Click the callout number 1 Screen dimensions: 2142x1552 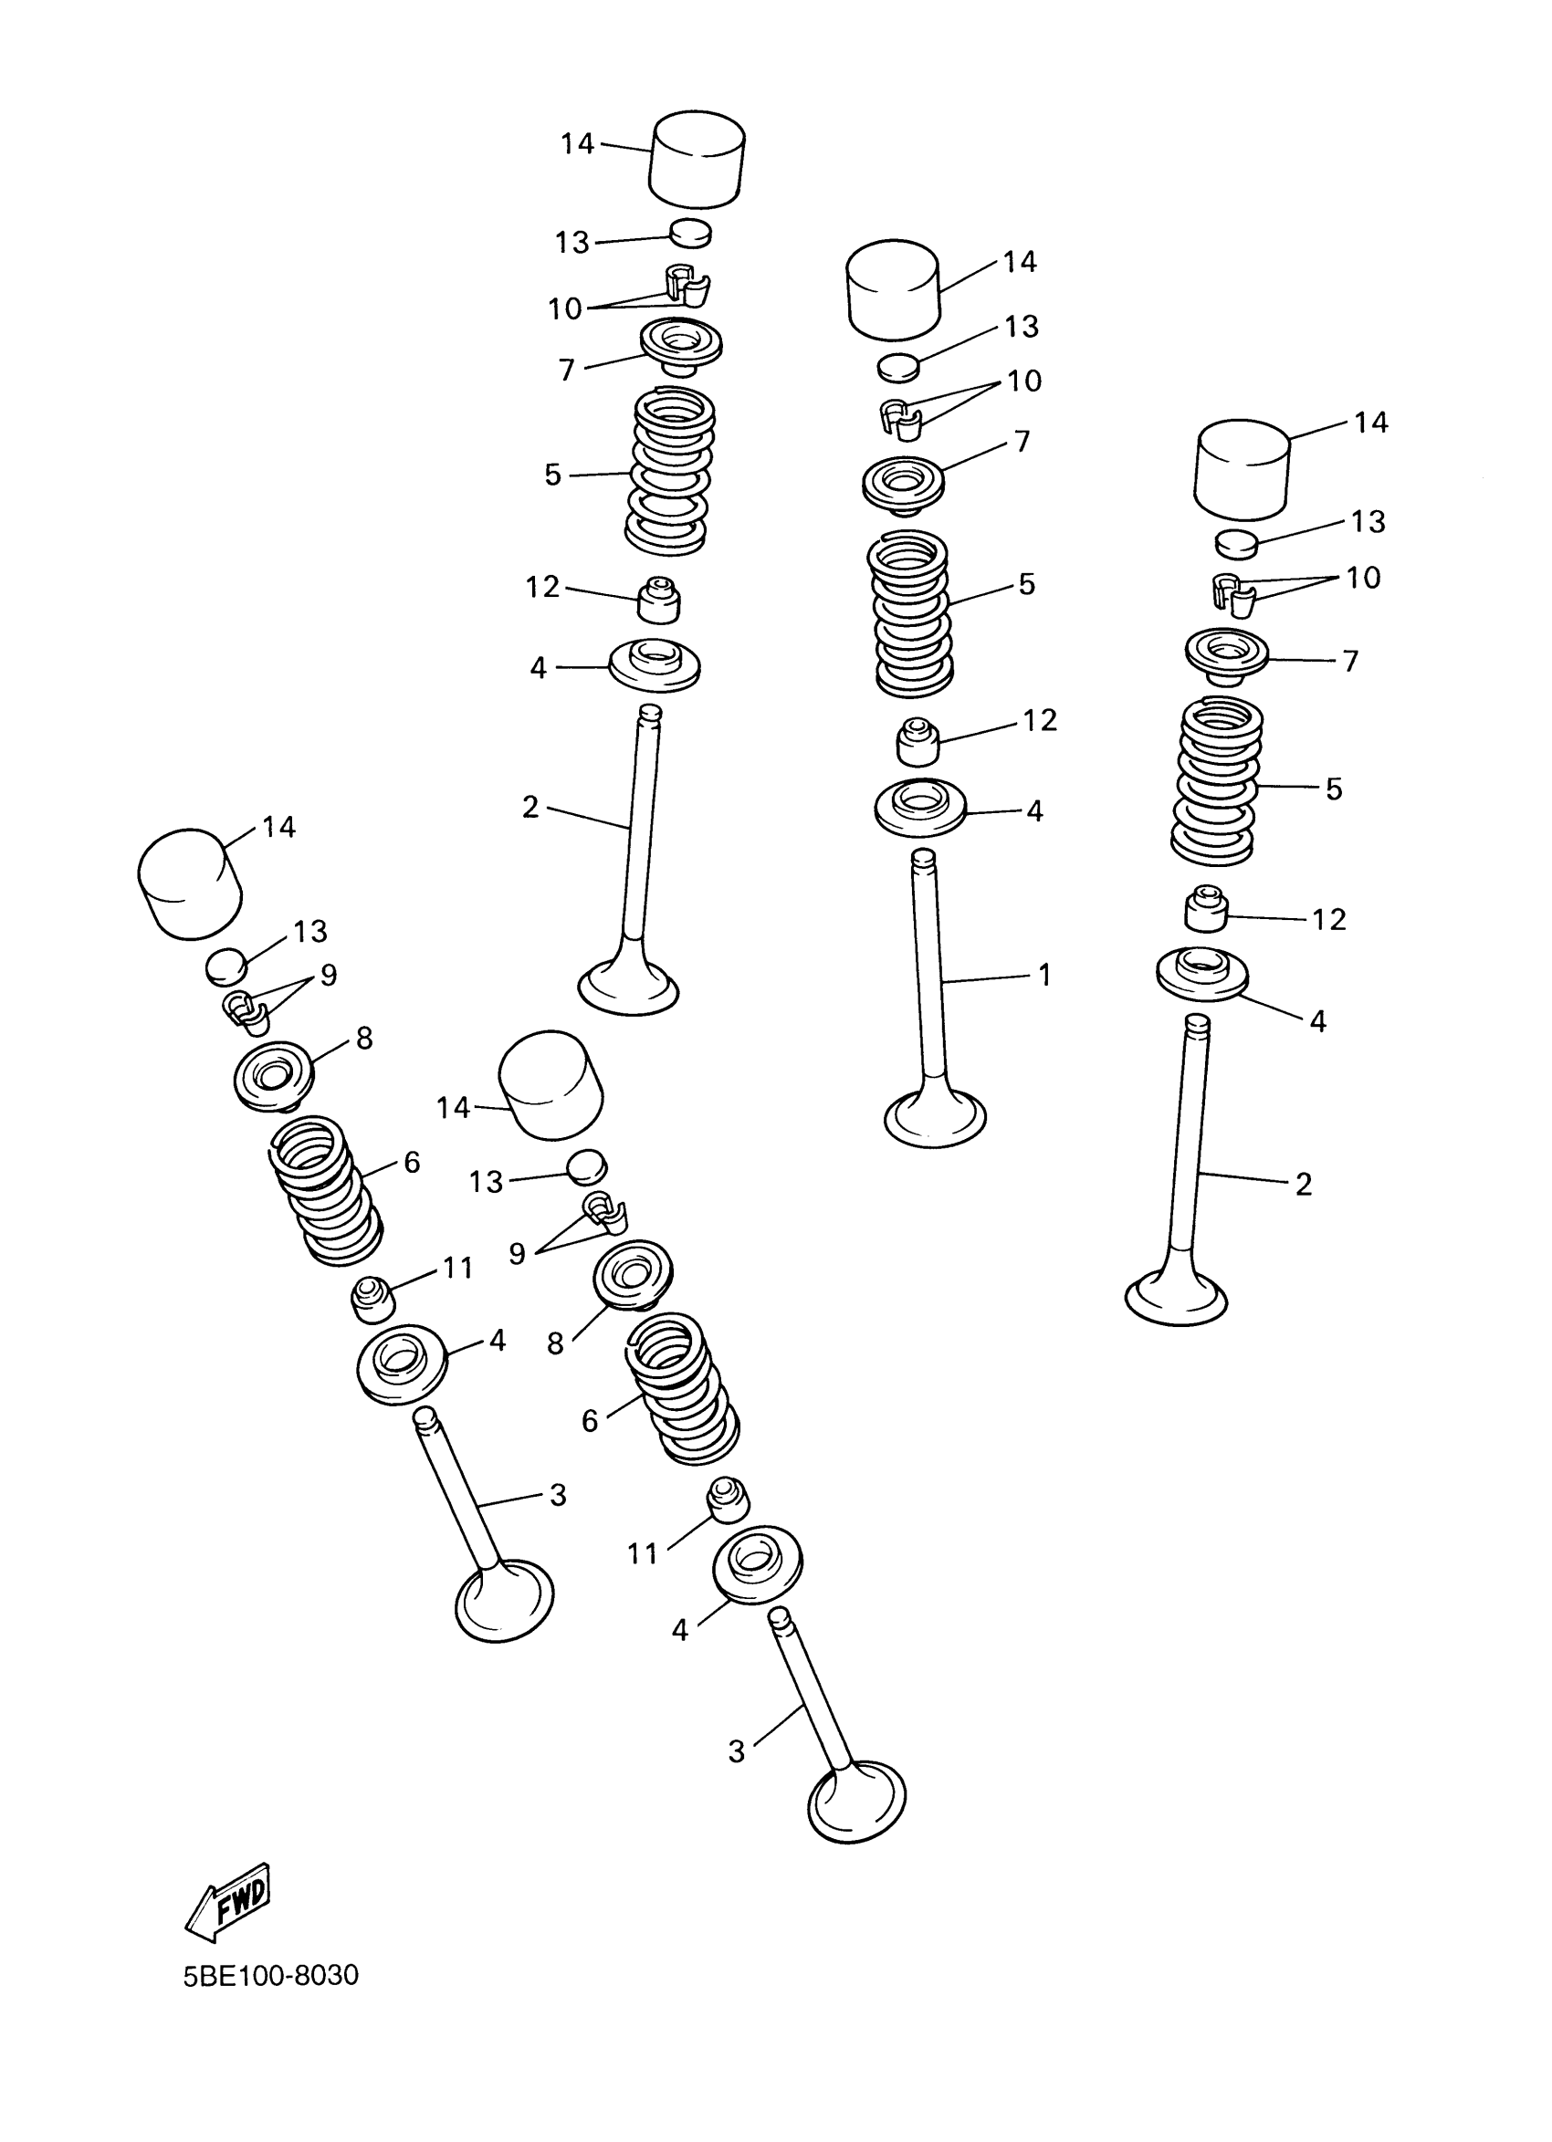click(x=1043, y=975)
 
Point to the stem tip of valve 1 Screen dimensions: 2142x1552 click(x=922, y=859)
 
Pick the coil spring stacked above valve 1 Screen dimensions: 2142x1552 click(x=910, y=612)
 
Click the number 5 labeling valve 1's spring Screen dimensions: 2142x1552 click(x=1027, y=584)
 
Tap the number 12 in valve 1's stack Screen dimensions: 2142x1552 click(x=1039, y=720)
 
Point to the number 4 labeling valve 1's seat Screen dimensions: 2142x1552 click(x=1034, y=810)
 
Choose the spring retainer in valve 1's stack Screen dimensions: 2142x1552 click(x=903, y=485)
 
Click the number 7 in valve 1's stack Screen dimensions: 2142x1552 click(x=1022, y=441)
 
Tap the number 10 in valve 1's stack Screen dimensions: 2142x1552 click(x=1024, y=381)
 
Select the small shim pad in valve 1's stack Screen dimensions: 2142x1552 click(x=897, y=367)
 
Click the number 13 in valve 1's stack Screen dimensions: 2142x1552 click(x=1022, y=326)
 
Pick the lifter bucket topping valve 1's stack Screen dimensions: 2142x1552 click(x=893, y=288)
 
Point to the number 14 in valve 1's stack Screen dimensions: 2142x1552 click(x=1019, y=262)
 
